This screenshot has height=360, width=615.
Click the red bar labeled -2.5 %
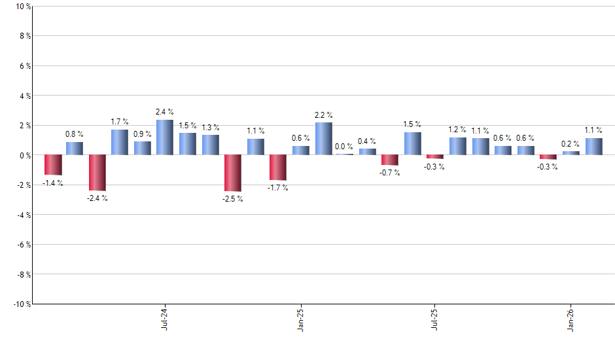click(x=232, y=173)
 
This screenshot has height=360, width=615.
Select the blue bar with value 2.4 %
click(x=165, y=137)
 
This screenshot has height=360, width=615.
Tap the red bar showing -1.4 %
click(x=53, y=165)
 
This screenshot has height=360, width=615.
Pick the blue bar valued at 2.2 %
click(x=323, y=139)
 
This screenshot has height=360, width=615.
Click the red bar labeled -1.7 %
click(x=278, y=168)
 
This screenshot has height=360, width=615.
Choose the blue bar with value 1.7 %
click(x=120, y=142)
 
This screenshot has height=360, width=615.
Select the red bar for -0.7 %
click(x=390, y=160)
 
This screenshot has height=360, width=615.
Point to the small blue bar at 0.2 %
click(x=571, y=153)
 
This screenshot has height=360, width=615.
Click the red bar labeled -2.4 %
click(x=97, y=173)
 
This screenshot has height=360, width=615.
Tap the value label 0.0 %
click(x=344, y=147)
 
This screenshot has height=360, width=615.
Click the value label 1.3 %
click(x=211, y=128)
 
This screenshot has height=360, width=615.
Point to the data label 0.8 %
click(x=74, y=134)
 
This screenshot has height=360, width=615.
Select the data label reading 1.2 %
click(x=457, y=130)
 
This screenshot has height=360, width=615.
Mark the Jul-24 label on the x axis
click(x=164, y=318)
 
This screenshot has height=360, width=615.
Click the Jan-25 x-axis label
click(x=300, y=318)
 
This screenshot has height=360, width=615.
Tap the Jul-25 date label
click(x=434, y=318)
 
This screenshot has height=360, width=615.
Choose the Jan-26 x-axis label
click(x=571, y=318)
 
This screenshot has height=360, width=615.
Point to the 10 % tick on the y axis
click(x=22, y=7)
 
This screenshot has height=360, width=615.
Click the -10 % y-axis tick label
click(x=21, y=304)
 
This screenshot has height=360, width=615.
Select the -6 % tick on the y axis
click(x=22, y=245)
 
